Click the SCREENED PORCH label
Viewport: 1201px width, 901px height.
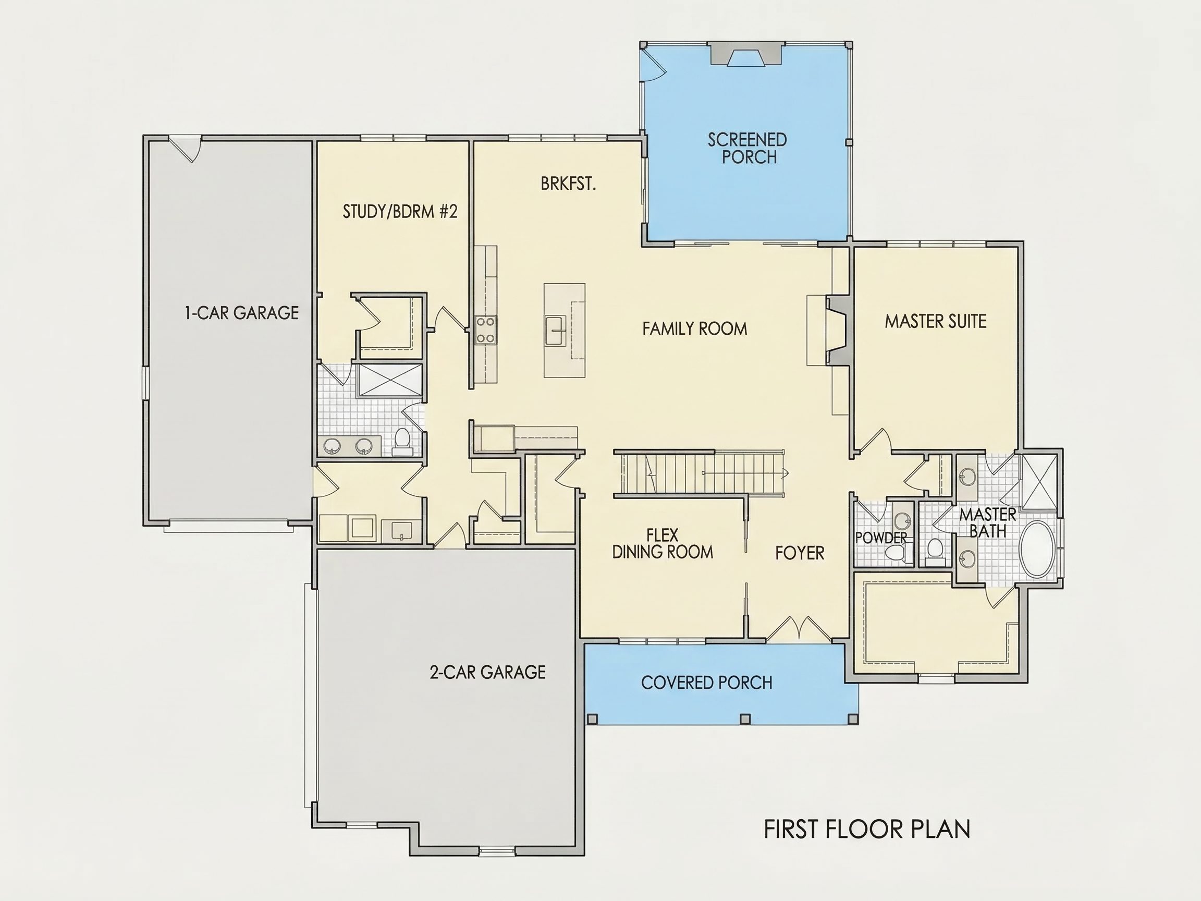[747, 148]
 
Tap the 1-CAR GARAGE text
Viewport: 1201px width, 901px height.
[242, 313]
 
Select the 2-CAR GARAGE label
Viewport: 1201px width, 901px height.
[487, 672]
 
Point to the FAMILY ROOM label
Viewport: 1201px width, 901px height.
[694, 328]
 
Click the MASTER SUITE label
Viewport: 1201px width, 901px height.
[936, 322]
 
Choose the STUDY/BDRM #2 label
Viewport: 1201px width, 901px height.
[400, 211]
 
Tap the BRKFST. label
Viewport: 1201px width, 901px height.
[568, 184]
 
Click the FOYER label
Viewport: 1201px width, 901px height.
[800, 553]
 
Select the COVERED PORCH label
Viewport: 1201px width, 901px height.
[706, 683]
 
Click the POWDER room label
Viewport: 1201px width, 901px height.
[880, 538]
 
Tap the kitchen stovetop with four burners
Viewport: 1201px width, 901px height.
[485, 330]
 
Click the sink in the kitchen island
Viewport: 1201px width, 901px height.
[556, 331]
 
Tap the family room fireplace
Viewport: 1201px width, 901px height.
[838, 330]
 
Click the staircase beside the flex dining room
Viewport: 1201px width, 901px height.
[700, 473]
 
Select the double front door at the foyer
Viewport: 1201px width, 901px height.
[799, 628]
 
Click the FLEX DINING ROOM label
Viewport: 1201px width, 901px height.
[663, 544]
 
